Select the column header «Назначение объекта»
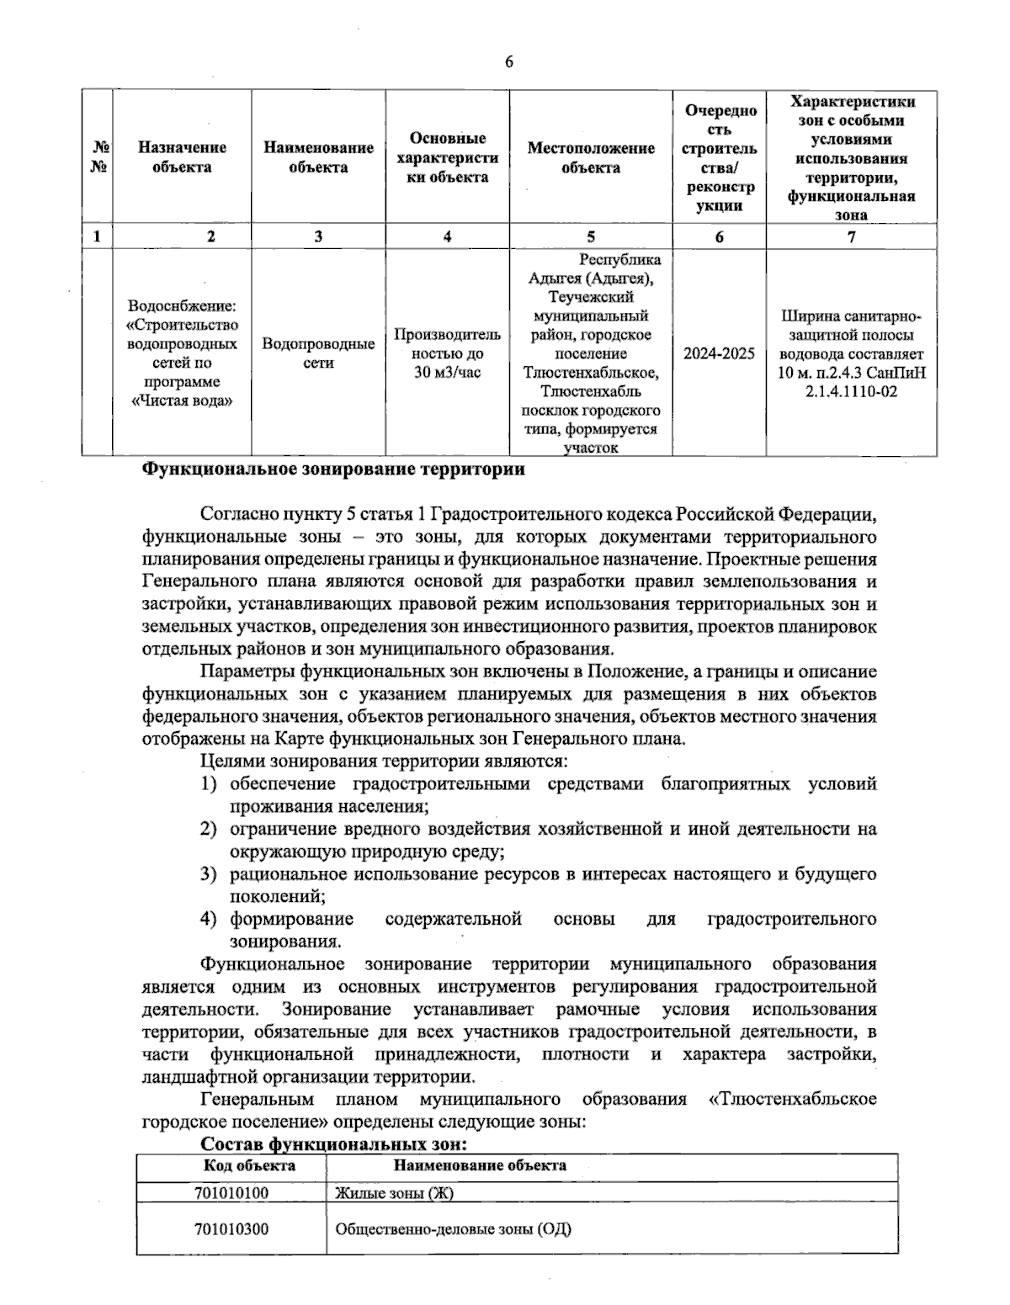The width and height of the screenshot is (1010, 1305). coord(182,157)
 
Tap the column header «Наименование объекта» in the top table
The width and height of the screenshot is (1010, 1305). coord(318,157)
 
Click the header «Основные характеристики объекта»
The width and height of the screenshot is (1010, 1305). coord(447,157)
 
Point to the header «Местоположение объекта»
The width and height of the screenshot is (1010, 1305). coord(591,157)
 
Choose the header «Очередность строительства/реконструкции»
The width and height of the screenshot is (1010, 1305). coord(720,157)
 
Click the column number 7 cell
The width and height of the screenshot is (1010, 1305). coord(851,237)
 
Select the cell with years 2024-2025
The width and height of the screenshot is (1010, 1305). coord(719,353)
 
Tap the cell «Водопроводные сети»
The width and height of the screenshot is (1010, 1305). coord(318,353)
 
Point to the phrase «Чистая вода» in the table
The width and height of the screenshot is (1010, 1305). coord(182,401)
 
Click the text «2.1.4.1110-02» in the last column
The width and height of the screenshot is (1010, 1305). coord(851,391)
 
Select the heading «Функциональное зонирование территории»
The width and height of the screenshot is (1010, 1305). coord(332,469)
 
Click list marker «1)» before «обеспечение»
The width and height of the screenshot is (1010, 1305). coord(210,784)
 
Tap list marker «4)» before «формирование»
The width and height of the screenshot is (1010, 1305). coord(210,919)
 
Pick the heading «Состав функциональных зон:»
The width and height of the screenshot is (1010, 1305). coord(333,1145)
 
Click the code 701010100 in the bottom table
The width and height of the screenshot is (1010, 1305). coord(231,1193)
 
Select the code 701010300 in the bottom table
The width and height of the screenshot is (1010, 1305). coord(231,1228)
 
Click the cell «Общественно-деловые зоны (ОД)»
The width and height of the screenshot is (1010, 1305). coord(453,1228)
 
